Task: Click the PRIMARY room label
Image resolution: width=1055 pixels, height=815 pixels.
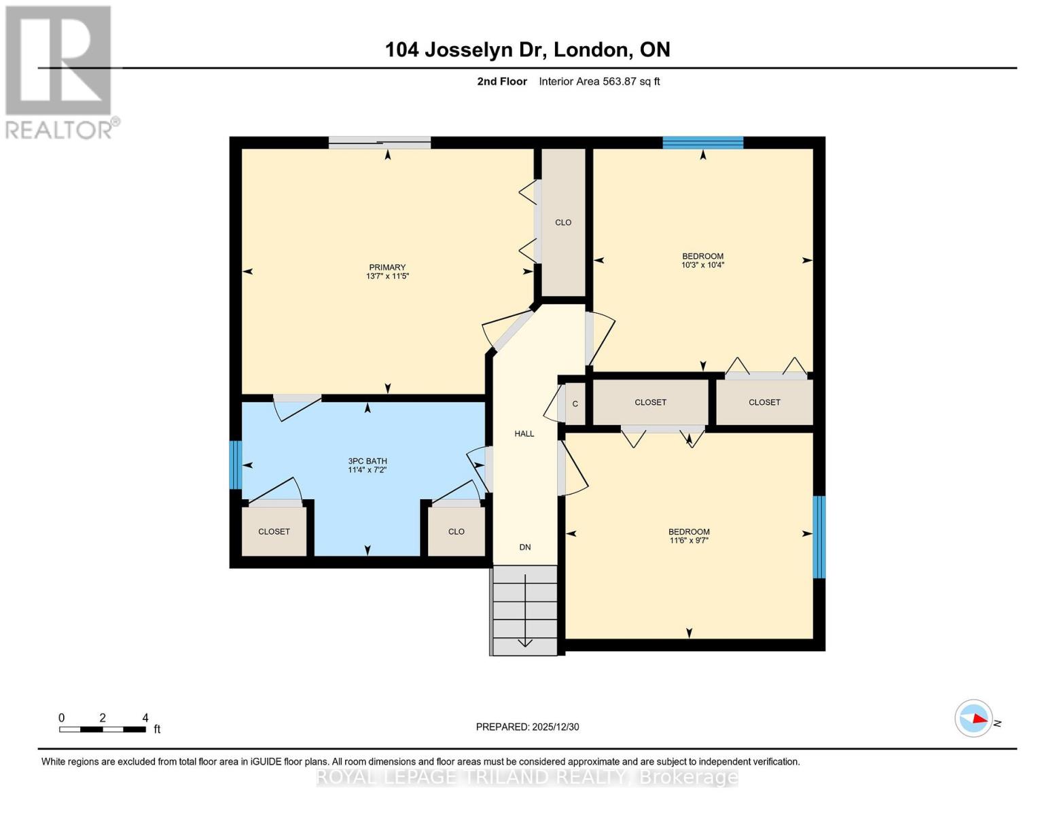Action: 387,268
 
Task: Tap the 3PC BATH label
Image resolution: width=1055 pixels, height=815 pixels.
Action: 368,461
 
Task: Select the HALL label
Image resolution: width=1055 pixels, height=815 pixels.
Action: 524,434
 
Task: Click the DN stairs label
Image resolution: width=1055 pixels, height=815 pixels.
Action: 524,547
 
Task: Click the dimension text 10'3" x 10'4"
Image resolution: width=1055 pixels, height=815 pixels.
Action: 702,266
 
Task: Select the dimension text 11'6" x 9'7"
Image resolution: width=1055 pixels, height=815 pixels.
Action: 689,541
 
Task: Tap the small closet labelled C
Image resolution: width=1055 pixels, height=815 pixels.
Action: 575,404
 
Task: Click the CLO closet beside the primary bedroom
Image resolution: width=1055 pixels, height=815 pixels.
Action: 563,223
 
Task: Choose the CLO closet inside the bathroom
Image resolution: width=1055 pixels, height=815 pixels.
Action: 456,532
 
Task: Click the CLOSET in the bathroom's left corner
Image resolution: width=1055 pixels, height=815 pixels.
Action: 274,532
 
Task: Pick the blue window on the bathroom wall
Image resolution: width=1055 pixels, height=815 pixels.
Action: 235,465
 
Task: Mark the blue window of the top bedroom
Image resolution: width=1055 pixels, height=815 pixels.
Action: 702,143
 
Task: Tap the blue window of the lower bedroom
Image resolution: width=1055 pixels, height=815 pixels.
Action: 819,537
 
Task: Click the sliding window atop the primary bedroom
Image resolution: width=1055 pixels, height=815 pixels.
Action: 380,143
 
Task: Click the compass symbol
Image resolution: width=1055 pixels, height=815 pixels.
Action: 974,718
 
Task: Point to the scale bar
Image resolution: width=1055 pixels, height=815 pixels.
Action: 103,729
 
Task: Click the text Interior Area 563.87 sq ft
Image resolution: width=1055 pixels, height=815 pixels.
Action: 599,81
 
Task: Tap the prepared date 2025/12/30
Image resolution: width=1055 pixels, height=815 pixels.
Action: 527,727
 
